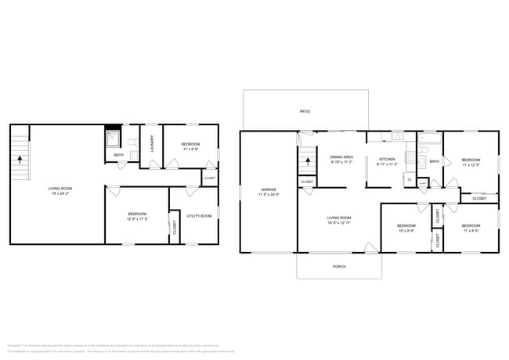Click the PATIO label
click(x=305, y=112)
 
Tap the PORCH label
click(x=339, y=266)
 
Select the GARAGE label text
click(x=269, y=189)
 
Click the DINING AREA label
click(x=341, y=157)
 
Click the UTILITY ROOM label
click(x=200, y=216)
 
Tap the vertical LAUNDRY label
click(x=152, y=144)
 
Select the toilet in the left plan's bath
click(x=133, y=143)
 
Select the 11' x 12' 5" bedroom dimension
click(x=471, y=164)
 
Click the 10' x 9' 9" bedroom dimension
click(x=406, y=230)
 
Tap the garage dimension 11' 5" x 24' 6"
click(x=269, y=195)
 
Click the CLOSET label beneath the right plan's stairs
click(x=308, y=182)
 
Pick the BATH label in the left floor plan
click(x=119, y=155)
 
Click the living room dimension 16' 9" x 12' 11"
click(x=339, y=222)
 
